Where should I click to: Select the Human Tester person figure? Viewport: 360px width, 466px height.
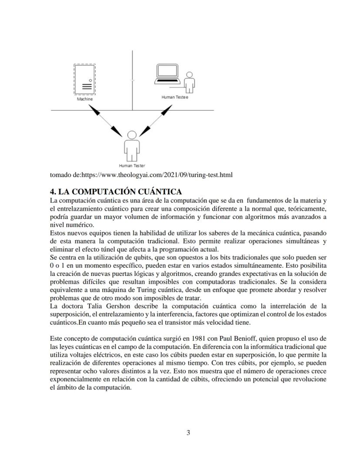click(x=132, y=145)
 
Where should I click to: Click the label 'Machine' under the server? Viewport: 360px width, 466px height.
click(x=85, y=99)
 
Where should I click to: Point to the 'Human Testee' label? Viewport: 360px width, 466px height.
click(x=175, y=97)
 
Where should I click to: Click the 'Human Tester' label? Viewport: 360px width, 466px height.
click(x=132, y=166)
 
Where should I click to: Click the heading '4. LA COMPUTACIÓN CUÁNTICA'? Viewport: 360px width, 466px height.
click(x=116, y=192)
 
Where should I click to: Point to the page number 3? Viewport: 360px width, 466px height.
click(x=188, y=432)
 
